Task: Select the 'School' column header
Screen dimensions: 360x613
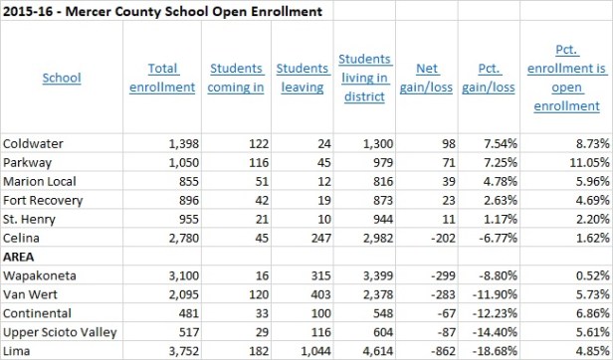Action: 62,78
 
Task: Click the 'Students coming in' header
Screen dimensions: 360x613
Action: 237,78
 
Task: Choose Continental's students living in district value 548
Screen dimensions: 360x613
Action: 370,314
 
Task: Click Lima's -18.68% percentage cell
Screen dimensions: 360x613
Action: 499,350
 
